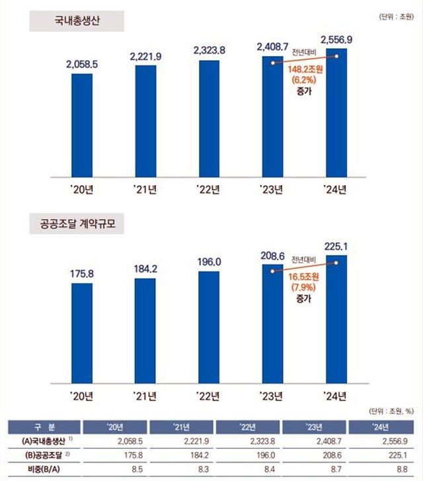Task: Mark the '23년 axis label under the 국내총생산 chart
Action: point(271,190)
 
